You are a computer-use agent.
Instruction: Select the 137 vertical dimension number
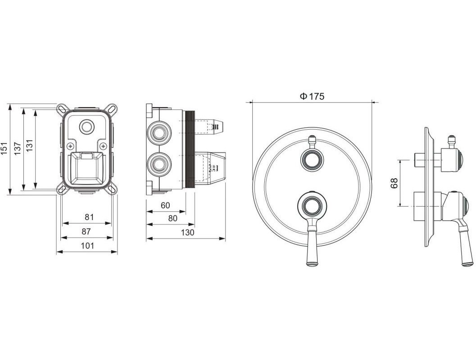[x=17, y=149]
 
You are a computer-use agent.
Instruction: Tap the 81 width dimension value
[x=89, y=217]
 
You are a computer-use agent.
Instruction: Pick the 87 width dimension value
[x=86, y=231]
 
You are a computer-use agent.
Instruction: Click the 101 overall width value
[x=87, y=246]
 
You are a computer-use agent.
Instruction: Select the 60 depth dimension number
[x=165, y=206]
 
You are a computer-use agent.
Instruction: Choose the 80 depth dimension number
[x=172, y=218]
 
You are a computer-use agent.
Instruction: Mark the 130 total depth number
[x=187, y=233]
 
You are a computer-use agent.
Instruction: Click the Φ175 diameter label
[x=312, y=96]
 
